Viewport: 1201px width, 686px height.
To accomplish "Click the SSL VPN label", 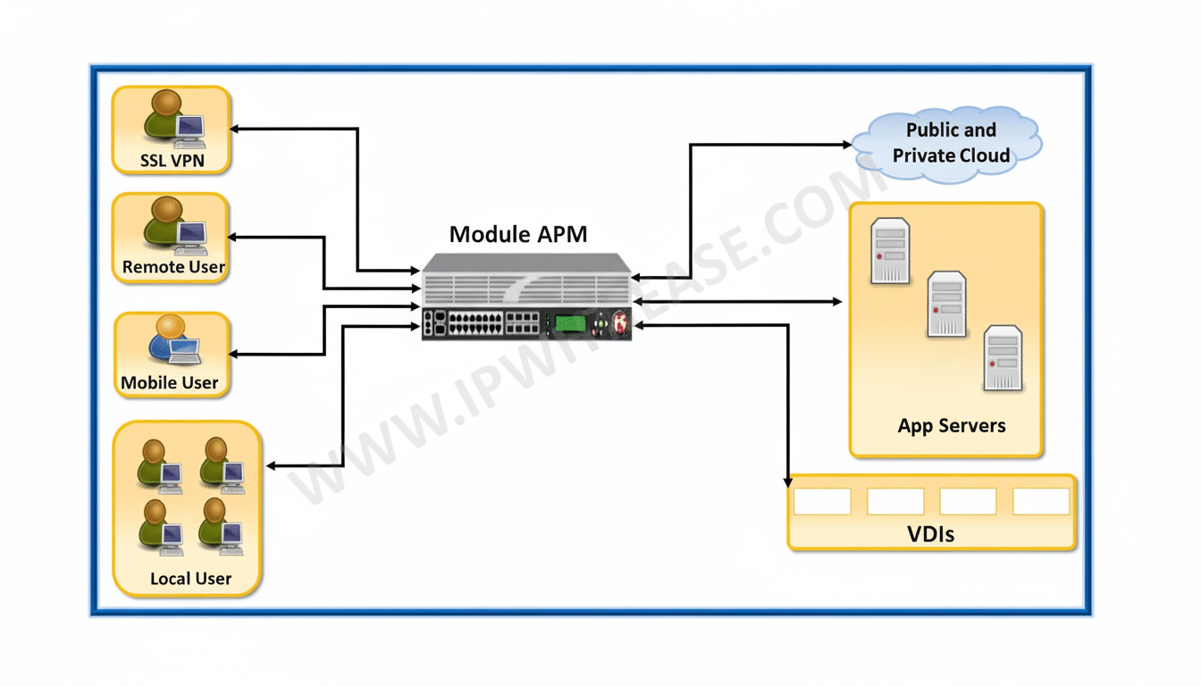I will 172,161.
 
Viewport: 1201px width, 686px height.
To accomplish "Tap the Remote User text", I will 173,266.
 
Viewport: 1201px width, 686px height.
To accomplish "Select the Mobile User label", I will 170,382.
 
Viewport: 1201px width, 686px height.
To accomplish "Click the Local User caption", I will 190,578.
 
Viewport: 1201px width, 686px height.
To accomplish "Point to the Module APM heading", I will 518,234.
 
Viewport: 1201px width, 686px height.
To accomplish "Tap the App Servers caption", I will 952,425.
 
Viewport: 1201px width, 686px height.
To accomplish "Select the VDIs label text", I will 930,535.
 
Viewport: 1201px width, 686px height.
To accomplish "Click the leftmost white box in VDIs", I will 822,501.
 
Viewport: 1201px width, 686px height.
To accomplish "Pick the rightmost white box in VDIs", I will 1041,501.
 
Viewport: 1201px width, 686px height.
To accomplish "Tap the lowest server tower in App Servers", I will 1003,358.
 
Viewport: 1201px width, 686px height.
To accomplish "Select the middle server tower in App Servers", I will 946,304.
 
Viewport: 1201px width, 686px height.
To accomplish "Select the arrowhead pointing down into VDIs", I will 788,481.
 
